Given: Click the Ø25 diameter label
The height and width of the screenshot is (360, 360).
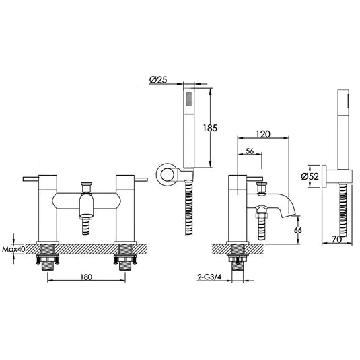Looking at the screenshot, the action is click(x=158, y=80).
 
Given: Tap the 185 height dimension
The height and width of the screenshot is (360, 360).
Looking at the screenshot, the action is click(x=210, y=128).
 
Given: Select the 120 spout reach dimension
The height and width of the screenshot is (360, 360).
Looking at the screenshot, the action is click(x=263, y=134).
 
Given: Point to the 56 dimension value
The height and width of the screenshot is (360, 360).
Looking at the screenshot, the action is click(x=250, y=151).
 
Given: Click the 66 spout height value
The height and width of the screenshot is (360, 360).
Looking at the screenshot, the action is click(x=298, y=230).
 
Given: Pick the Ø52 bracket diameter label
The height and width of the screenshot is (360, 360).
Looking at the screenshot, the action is click(x=310, y=176).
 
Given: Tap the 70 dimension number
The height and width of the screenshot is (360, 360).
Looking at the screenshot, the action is click(x=337, y=240).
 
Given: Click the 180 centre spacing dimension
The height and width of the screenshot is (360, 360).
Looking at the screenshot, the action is click(x=86, y=277).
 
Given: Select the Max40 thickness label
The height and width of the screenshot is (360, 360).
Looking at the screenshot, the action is click(x=13, y=249).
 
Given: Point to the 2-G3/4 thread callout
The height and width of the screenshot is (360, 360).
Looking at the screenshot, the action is click(x=209, y=277).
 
